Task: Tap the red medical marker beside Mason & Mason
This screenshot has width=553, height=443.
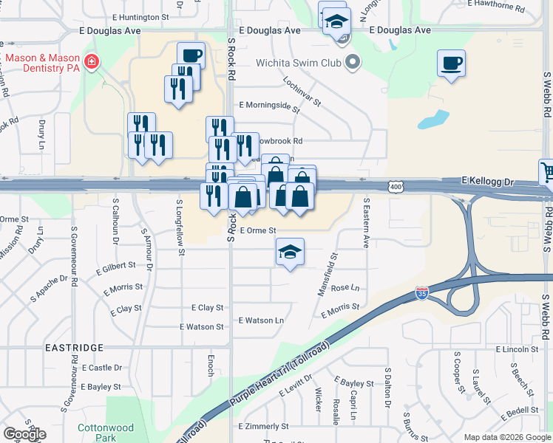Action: click(92, 62)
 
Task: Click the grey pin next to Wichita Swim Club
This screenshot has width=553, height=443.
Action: click(353, 63)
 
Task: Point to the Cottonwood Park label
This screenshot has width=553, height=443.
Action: click(106, 433)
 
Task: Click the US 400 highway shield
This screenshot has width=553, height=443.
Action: click(396, 189)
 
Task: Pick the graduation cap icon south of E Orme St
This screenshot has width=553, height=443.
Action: click(290, 252)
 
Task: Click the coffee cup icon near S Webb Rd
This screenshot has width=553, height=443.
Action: click(450, 63)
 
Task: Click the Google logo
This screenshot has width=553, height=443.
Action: click(25, 434)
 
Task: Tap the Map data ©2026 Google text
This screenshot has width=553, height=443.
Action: click(506, 437)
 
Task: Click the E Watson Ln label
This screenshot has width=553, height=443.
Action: click(261, 320)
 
